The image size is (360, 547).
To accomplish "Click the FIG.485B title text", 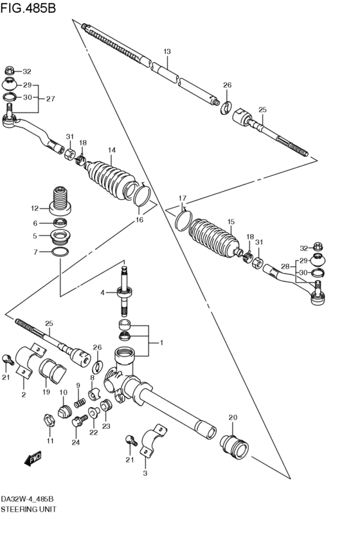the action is tap(28, 8).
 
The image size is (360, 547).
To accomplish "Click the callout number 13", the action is tap(167, 51).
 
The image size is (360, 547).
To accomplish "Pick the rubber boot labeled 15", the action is tap(214, 238).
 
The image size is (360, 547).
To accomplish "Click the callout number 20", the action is tap(233, 417).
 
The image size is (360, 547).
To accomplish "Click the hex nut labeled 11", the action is tap(50, 420).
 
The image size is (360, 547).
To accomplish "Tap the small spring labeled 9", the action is tap(80, 403).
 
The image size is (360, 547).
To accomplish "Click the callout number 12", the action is tap(35, 209).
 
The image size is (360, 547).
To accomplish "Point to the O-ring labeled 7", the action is tap(60, 251).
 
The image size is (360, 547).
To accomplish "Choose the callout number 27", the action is tap(51, 99).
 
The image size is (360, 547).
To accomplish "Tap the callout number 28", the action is tap(285, 267).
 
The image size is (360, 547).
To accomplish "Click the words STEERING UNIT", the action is tap(28, 509).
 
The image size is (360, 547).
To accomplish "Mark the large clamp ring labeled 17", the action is tap(183, 221).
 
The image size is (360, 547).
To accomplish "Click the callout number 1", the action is tap(161, 343).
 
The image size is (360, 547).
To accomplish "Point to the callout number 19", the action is tap(46, 392).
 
